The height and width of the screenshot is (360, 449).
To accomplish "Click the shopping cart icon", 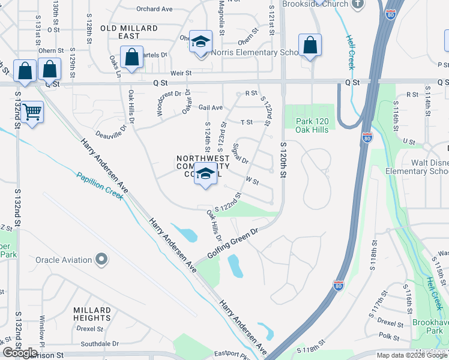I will [x=32, y=112].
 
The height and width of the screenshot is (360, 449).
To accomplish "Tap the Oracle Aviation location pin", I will [x=101, y=260].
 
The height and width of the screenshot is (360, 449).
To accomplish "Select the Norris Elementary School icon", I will [x=200, y=41].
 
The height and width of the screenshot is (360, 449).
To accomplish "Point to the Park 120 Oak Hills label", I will [x=312, y=125].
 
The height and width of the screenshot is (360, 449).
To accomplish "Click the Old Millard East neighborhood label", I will [x=129, y=32].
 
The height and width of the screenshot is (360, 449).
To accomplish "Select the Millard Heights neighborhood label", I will [x=92, y=314].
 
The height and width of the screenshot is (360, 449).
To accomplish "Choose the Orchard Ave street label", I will [x=154, y=9].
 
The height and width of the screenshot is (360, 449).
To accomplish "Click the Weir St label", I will [x=181, y=73].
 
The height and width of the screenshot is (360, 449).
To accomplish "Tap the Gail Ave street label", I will [x=211, y=107].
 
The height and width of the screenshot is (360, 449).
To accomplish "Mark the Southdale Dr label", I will [x=100, y=344].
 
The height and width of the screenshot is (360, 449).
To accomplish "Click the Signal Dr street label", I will [x=239, y=152].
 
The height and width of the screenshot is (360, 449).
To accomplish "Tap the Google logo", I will [x=20, y=353].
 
